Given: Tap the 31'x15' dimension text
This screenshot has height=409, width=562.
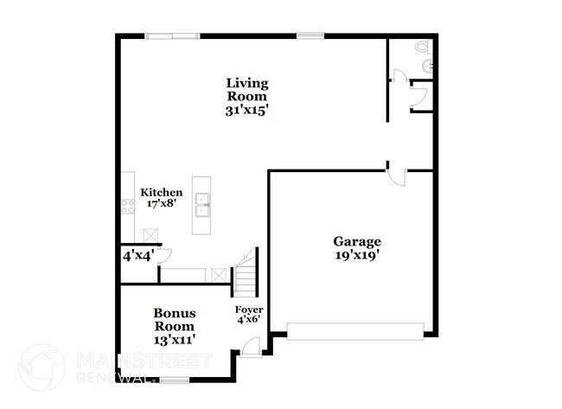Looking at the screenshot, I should (247, 111).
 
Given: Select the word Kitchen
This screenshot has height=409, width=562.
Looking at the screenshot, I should (162, 192).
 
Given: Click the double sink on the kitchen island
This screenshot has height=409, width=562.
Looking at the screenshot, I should (202, 206).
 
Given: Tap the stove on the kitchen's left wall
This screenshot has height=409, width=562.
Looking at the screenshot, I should (126, 207).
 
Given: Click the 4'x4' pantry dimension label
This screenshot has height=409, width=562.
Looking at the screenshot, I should (137, 256).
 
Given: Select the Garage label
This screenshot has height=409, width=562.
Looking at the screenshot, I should (357, 241).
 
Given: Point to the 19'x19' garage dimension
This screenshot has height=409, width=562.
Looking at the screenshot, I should (357, 255).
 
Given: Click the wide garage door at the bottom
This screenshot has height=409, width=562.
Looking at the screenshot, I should (355, 330).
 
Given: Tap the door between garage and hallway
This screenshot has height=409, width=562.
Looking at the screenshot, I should (395, 176).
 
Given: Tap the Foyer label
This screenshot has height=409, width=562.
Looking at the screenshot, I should (249, 309).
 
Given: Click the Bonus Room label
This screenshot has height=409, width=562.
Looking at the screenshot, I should (175, 320).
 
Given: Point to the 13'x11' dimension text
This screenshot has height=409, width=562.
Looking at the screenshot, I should (175, 340).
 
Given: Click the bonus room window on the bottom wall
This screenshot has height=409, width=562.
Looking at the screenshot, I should (175, 380).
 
